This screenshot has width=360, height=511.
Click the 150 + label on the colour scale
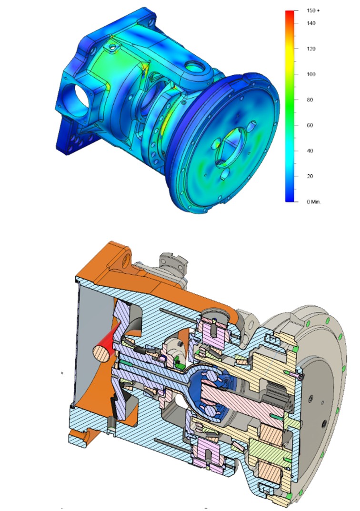coord(313,11)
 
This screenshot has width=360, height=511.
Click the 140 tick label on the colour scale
coord(311,23)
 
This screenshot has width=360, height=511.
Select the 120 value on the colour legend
coord(311,49)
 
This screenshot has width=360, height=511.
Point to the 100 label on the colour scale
coord(311,74)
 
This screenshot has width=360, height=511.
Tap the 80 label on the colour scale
coord(310,100)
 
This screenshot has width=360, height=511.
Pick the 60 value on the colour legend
coord(310,125)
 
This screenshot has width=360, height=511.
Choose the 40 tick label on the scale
coord(310,151)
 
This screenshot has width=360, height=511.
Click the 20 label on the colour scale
coord(310,176)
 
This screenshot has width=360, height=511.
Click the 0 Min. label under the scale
coord(314,202)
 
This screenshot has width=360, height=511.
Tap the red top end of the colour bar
coord(290,15)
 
